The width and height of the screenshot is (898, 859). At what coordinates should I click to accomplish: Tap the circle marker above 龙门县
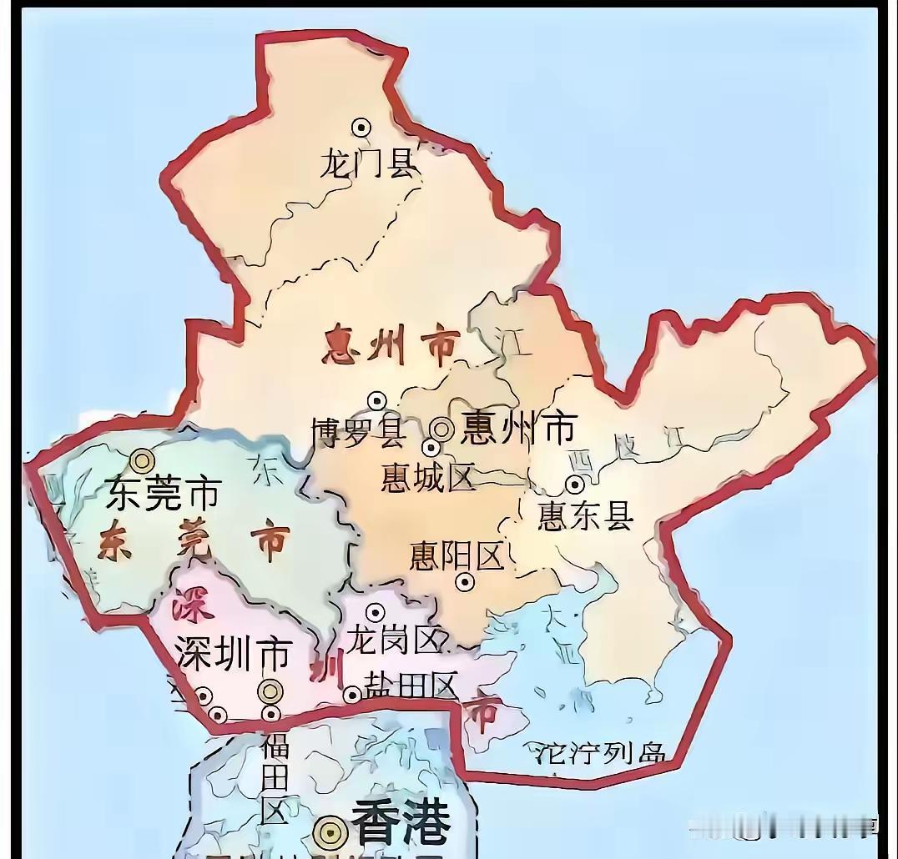(x=361, y=128)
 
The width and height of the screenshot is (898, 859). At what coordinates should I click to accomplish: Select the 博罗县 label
(x=359, y=432)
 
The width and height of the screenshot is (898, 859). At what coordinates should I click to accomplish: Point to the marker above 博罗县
(x=376, y=401)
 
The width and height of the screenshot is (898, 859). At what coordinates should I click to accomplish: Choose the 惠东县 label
(x=586, y=516)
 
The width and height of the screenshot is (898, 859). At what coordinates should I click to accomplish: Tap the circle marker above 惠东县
(x=574, y=484)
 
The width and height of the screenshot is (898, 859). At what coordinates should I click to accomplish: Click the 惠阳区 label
(x=457, y=555)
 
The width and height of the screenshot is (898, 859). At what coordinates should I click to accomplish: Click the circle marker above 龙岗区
(x=375, y=613)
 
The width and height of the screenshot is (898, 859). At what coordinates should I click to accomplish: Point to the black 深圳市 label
(x=233, y=653)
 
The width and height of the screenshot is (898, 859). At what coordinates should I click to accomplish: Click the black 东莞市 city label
(x=163, y=495)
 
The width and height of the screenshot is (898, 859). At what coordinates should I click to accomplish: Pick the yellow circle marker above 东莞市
(x=143, y=460)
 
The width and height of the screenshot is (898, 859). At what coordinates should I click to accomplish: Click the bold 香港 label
(x=401, y=822)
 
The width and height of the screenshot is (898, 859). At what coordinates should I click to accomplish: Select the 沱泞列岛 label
(x=599, y=753)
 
